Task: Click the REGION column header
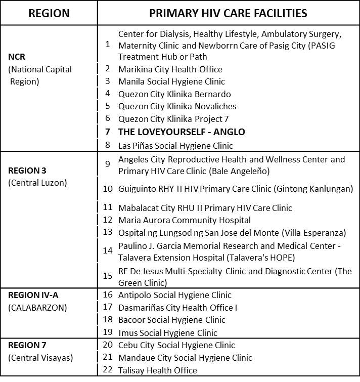49,13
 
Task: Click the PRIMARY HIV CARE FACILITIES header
228,13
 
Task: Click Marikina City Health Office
170,69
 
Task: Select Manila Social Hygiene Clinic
171,81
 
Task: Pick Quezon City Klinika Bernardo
174,94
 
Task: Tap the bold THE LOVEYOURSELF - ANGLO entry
181,132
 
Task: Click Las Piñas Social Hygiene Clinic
175,146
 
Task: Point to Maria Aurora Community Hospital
184,220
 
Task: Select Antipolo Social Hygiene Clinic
174,295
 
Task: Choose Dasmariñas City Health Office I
177,307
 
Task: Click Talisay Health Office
157,370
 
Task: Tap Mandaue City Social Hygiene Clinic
185,358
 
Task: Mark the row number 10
108,189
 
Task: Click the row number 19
108,332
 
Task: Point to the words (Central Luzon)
37,183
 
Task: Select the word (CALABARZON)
37,307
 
